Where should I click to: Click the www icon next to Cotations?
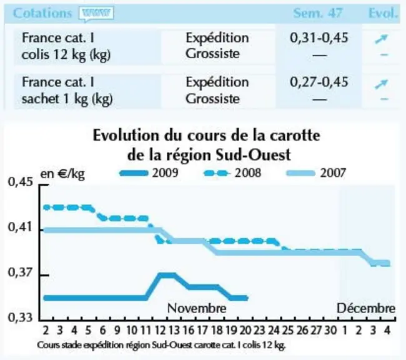click(x=96, y=14)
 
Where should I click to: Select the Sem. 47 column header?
click(x=318, y=13)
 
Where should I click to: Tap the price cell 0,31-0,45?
click(x=319, y=38)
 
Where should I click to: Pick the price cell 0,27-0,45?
click(x=319, y=82)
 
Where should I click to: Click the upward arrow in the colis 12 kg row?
click(x=381, y=39)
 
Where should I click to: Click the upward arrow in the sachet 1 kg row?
click(x=381, y=84)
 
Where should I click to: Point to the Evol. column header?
click(x=383, y=13)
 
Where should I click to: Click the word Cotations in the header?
click(x=42, y=13)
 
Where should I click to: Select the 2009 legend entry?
click(x=149, y=173)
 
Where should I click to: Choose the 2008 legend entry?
click(x=232, y=173)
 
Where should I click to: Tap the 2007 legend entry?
click(x=316, y=173)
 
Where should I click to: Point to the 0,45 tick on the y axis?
click(x=44, y=185)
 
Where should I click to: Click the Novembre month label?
click(x=197, y=308)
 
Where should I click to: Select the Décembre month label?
click(x=366, y=308)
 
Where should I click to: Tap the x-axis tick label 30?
click(x=330, y=331)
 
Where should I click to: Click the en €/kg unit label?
click(x=62, y=174)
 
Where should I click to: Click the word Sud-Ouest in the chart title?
click(x=254, y=155)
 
